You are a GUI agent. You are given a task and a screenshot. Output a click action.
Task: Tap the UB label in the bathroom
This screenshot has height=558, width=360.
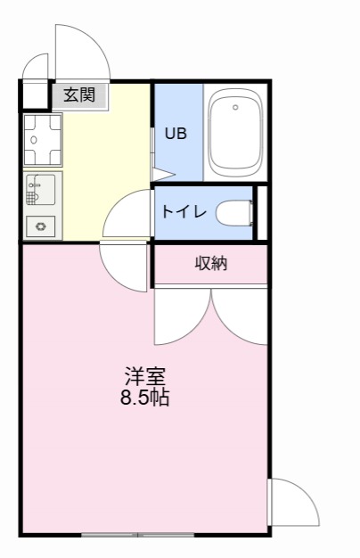175,134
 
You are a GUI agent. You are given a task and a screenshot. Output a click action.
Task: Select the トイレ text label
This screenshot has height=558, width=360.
184,212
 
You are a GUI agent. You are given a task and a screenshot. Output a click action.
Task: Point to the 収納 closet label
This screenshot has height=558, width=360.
211,263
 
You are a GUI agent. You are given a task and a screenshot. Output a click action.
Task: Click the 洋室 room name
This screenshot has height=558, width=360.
145,376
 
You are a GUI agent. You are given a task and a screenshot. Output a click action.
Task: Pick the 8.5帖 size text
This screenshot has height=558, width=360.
145,398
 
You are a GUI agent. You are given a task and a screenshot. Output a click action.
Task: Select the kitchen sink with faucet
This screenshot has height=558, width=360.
43,189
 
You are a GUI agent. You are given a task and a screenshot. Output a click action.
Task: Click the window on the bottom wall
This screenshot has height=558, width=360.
137,534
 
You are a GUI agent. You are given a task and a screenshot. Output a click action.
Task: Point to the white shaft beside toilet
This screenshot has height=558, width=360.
261,212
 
